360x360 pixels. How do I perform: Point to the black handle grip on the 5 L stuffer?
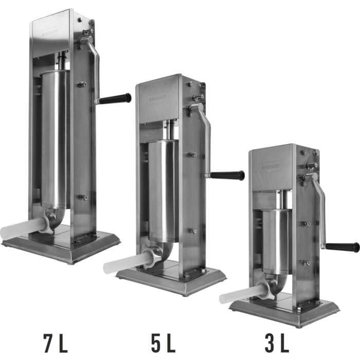pos(227,175)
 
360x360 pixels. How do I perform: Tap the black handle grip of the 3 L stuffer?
pos(343,247)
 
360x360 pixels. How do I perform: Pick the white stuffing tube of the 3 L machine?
pos(239,295)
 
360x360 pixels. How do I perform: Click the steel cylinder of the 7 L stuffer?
pos(55,139)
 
